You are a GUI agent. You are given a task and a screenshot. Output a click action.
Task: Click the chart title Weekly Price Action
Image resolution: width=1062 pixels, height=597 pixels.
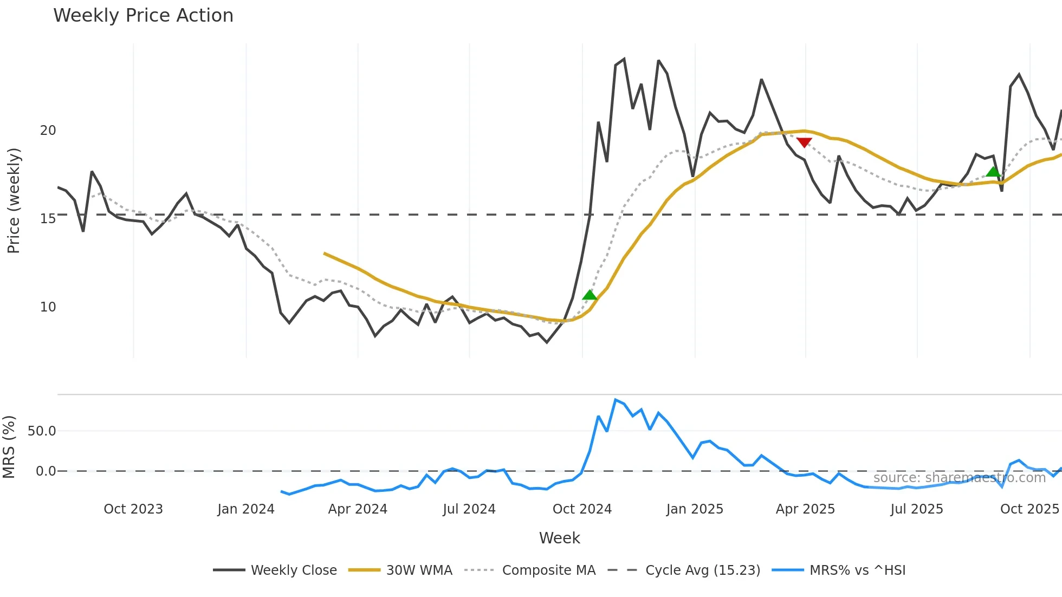coord(143,16)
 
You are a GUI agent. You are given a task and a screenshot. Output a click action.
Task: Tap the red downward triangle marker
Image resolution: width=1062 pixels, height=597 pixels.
coord(804,142)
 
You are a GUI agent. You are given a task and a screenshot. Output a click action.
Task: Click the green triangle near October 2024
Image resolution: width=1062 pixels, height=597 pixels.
coord(590,295)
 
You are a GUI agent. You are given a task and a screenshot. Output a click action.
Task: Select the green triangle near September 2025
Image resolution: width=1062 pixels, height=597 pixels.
coord(993,172)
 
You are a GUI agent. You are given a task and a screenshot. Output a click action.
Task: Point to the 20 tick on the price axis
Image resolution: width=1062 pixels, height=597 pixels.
coord(48,131)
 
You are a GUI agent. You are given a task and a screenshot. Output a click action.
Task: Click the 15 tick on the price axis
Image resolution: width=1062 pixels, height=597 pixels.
coord(48,219)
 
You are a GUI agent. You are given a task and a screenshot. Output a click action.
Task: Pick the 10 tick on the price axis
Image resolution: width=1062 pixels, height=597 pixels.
coord(48,307)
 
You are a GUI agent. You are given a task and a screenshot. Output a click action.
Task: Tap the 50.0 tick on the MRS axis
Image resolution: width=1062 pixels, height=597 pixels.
coord(42,431)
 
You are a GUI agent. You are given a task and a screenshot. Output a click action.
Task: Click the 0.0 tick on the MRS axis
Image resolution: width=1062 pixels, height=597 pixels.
coord(46,471)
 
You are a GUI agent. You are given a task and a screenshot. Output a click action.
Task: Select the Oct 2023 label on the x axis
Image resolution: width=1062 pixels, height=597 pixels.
coord(133,509)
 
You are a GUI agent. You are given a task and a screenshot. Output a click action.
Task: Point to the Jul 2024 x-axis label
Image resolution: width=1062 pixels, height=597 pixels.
coord(469,509)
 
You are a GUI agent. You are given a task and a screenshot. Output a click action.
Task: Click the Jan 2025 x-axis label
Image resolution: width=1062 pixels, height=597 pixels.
coord(695,509)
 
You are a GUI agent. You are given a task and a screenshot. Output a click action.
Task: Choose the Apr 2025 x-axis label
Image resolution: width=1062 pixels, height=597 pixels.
coord(805,509)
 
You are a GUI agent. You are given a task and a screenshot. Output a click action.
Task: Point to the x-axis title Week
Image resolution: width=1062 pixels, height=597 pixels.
coord(559,538)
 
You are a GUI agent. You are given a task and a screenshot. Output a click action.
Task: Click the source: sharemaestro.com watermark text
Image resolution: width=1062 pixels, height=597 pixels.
coord(959,478)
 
